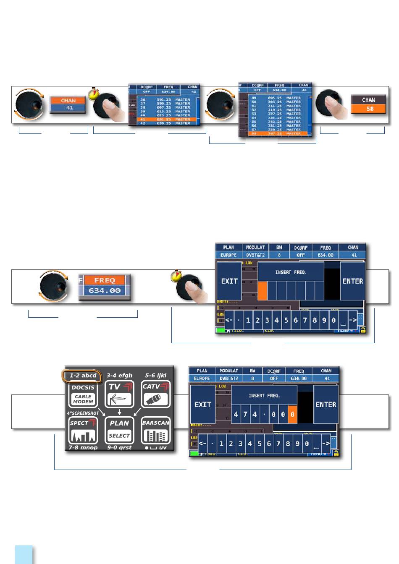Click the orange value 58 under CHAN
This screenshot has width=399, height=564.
click(368, 109)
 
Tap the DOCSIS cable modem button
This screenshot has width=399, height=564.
click(83, 394)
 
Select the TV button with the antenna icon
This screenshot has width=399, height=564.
click(119, 394)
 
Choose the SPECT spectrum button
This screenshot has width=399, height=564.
click(83, 431)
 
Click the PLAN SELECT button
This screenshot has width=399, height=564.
click(119, 431)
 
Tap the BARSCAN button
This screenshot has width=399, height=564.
click(156, 431)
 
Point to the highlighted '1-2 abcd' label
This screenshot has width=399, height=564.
click(83, 376)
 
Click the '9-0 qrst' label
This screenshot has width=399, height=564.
click(119, 448)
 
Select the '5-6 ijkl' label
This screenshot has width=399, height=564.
click(156, 376)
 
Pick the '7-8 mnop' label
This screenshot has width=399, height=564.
click(83, 448)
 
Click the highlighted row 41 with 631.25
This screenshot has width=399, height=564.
click(165, 119)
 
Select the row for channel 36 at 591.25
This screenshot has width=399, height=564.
click(165, 99)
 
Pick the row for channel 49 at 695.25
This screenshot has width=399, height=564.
click(276, 98)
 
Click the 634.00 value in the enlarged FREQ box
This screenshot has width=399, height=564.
click(105, 290)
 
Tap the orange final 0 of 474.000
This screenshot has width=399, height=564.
click(292, 415)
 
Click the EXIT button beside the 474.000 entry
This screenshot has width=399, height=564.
click(202, 405)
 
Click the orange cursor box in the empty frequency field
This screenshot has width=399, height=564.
click(262, 291)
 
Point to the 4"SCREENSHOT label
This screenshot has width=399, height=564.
click(83, 413)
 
